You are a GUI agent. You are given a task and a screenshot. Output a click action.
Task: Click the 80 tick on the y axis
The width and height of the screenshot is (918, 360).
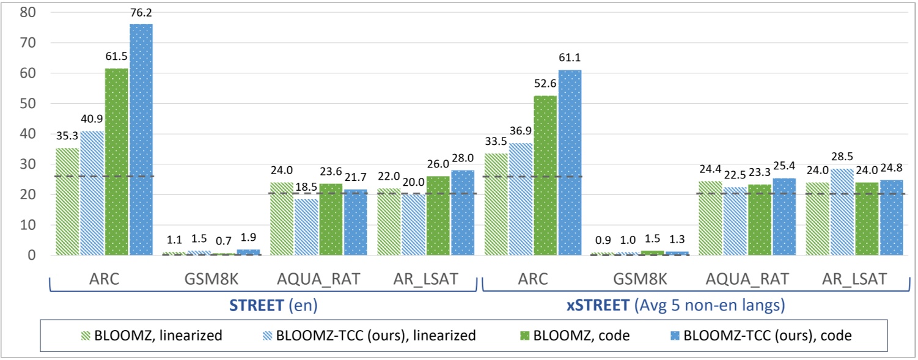[28, 12]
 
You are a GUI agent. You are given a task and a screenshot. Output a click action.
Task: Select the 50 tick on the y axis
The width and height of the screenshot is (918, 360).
[28, 103]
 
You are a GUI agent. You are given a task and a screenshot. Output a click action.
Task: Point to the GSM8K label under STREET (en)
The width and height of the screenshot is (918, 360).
[210, 279]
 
